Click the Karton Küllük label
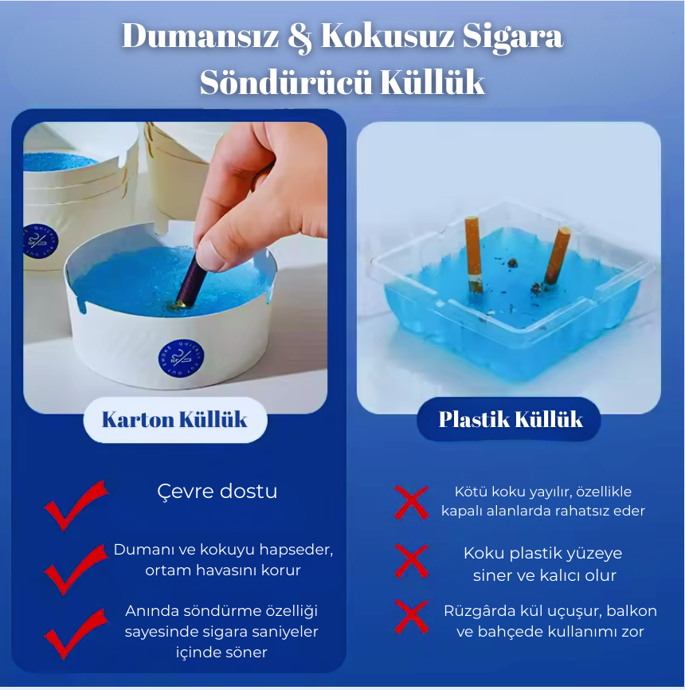[x=174, y=420]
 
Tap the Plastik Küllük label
[x=511, y=419]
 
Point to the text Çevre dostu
[x=217, y=491]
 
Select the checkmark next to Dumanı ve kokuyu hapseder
[x=76, y=567]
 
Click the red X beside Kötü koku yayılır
[x=412, y=501]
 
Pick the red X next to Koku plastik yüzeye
[x=412, y=561]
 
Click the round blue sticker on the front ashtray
[x=181, y=358]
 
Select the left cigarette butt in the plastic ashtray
[x=473, y=253]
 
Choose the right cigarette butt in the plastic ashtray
[x=558, y=255]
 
